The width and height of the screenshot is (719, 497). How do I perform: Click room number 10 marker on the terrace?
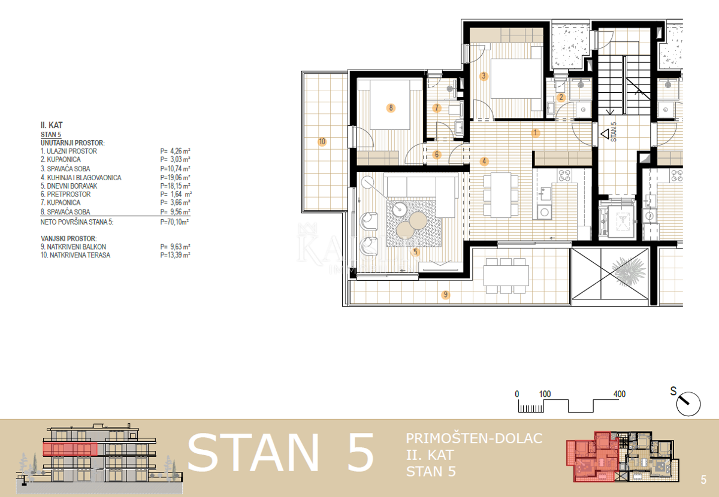coord(322,142)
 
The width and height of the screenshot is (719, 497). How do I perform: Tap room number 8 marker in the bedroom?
coord(391,108)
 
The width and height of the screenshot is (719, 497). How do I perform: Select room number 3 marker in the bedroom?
coord(484,76)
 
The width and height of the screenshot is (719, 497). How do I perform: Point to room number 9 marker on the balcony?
coord(445,294)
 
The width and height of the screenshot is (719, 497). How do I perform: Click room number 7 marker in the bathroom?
coord(437,108)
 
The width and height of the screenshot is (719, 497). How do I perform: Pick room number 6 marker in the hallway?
coord(437,155)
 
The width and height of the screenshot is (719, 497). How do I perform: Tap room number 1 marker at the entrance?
coord(536,132)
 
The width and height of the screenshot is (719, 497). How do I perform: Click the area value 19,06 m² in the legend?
coord(175,178)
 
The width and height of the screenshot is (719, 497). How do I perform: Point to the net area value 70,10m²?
coord(175,222)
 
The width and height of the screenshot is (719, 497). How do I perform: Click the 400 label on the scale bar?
coord(619,394)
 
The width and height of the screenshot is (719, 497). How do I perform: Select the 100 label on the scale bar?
coord(545,394)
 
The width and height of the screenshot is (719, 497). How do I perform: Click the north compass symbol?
coord(688,404)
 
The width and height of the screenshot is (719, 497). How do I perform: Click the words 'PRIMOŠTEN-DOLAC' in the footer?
coord(474,438)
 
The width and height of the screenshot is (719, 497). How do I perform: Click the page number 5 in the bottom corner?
coord(703,480)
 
